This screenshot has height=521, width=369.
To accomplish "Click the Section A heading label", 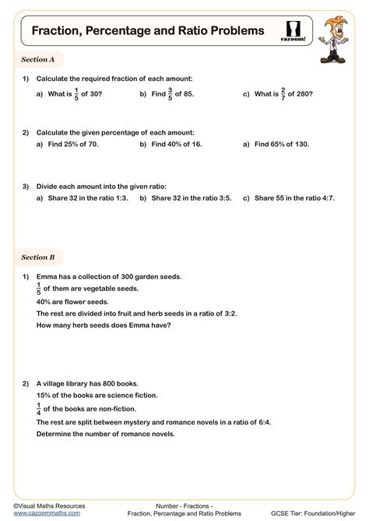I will pos(38,60).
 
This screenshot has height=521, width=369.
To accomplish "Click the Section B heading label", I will pos(38,257).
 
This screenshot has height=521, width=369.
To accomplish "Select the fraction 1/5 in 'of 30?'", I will pos(76,94).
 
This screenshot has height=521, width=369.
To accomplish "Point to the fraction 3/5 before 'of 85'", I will pos(170,94).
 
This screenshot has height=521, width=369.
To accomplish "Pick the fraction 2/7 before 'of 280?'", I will pos(283,94).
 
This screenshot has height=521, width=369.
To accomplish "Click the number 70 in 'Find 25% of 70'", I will pos(96,144).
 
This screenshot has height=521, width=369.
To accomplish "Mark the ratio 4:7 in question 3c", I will pos(326,198).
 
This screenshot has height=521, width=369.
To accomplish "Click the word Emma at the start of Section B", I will pos(47,276).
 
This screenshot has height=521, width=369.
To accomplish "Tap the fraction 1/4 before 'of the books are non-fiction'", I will pos(40,408).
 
